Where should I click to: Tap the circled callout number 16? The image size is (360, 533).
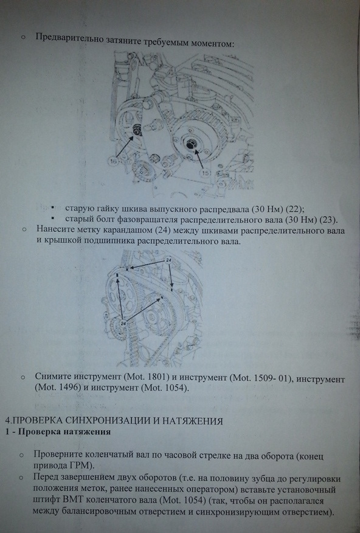(x=114, y=162)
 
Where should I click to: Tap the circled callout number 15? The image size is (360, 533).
(x=206, y=173)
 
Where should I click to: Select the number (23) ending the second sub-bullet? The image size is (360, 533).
(x=328, y=220)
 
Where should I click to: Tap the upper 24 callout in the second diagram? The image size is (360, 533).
(x=169, y=260)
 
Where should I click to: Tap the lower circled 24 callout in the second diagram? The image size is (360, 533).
(x=123, y=324)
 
